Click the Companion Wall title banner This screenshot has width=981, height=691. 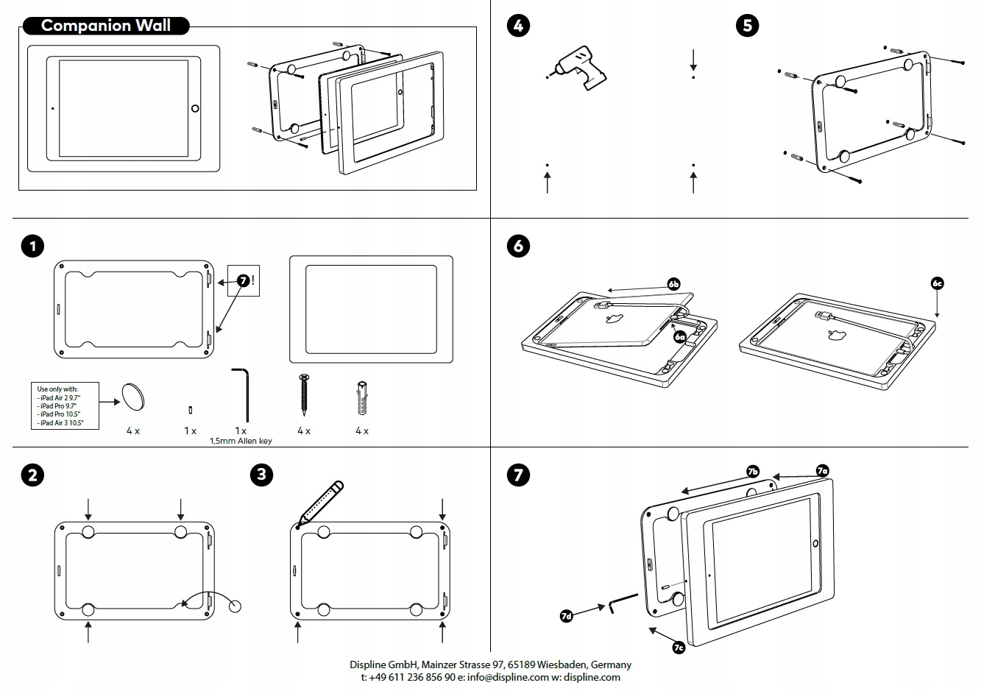coord(106,26)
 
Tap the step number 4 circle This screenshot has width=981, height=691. coord(518,26)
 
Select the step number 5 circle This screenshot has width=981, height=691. coord(747,26)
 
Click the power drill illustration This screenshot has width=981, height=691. coord(578,68)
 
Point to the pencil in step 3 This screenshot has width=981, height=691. coord(321,503)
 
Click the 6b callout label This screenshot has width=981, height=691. coord(673,284)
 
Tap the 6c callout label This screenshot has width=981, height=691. coord(937,283)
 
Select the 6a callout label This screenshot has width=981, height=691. coord(680,337)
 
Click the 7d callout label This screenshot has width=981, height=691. coord(566,616)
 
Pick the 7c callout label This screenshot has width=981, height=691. coord(679,647)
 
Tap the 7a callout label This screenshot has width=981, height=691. coord(823,471)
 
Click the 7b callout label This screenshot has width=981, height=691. coord(752,471)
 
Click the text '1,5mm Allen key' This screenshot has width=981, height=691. coord(241,441)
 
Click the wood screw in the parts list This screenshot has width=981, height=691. coord(304,395)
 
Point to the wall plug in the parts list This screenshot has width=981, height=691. coord(362,398)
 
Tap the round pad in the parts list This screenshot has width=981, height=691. coord(133,397)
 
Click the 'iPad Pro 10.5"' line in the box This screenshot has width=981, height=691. coord(59,414)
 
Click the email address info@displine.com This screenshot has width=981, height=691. coord(508,678)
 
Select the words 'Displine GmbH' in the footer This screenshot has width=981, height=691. coord(383,665)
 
